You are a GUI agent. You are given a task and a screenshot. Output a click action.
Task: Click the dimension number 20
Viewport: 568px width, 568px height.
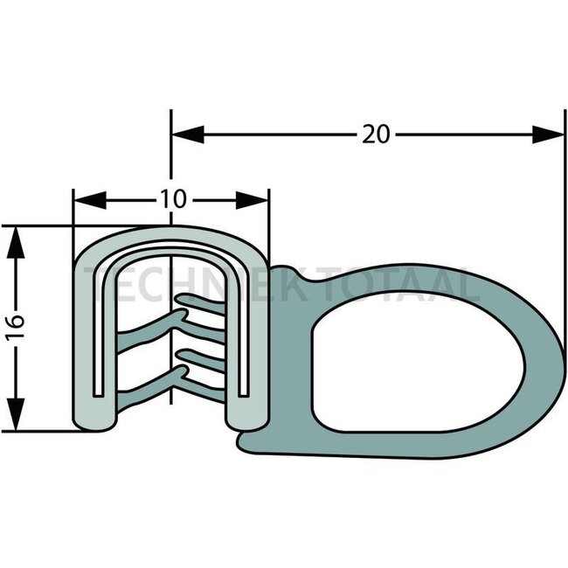point(376,134)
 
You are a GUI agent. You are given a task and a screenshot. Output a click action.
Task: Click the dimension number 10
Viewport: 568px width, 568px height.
point(172,199)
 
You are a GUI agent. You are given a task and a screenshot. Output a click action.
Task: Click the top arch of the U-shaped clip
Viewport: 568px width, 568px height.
point(170,239)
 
